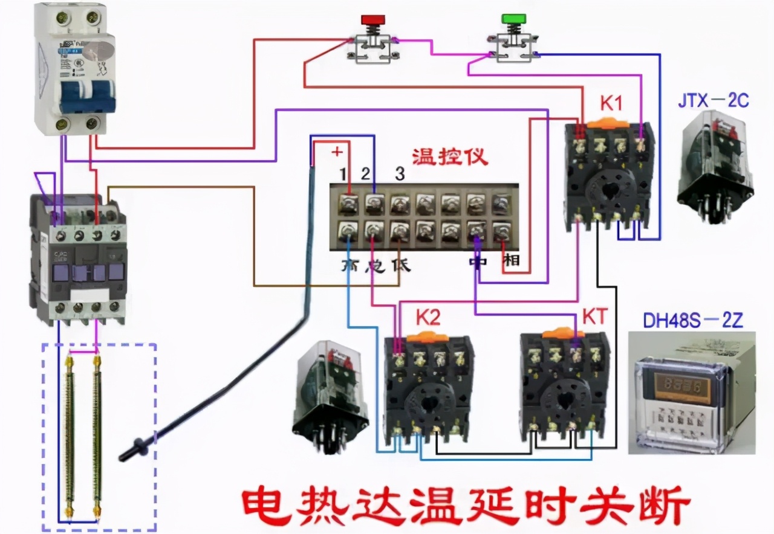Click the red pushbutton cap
[370, 19]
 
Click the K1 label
[611, 104]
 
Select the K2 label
[428, 317]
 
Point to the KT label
[594, 317]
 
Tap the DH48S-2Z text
[693, 321]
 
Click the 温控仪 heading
[449, 158]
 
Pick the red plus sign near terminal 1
[337, 151]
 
